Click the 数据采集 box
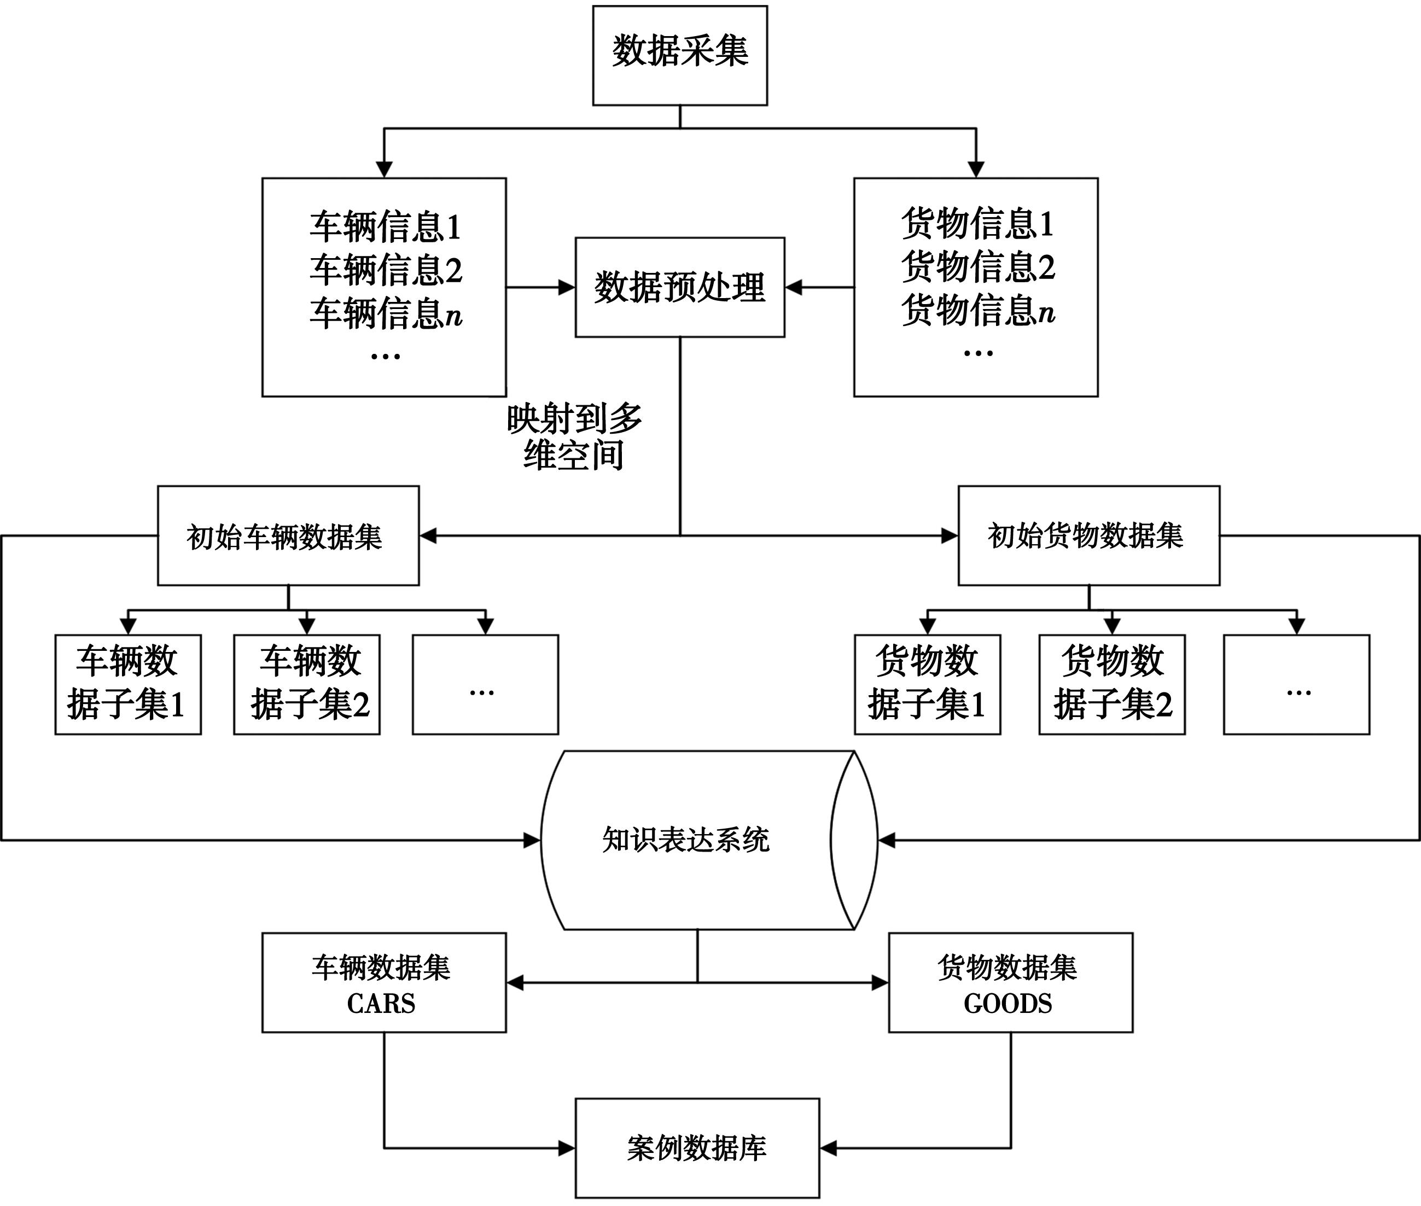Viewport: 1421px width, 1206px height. pyautogui.click(x=680, y=55)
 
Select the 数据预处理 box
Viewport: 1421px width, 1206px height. pyautogui.click(x=680, y=287)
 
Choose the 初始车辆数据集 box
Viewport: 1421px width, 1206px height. pyautogui.click(x=288, y=536)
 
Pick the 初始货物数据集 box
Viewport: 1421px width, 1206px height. pyautogui.click(x=1088, y=536)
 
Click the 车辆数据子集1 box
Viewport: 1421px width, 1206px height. pyautogui.click(x=128, y=684)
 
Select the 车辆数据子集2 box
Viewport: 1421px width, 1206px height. pyautogui.click(x=306, y=684)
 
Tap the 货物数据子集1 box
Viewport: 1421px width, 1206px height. pyautogui.click(x=927, y=684)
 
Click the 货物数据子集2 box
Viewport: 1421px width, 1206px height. pyautogui.click(x=1112, y=684)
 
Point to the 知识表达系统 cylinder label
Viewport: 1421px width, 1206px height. pyautogui.click(x=686, y=840)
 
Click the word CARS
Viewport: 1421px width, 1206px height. pyautogui.click(x=381, y=1004)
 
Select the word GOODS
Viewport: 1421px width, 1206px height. pyautogui.click(x=1007, y=1004)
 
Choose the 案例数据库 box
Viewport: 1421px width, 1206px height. pyautogui.click(x=697, y=1149)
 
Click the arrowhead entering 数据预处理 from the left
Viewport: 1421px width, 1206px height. pyautogui.click(x=567, y=288)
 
